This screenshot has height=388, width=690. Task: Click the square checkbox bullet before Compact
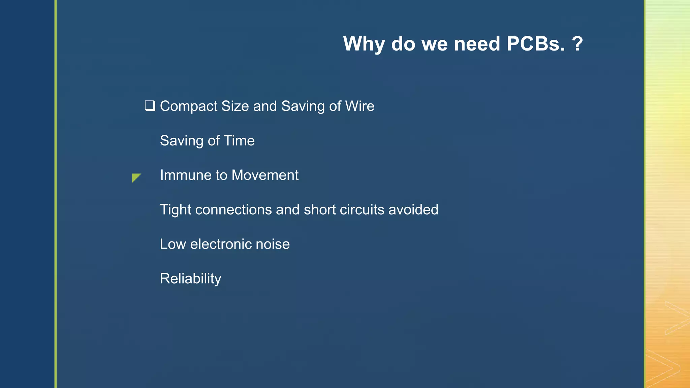pos(150,106)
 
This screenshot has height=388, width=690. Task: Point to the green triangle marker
pos(135,177)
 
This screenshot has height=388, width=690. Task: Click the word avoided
pos(413,210)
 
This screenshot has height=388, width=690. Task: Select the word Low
pos(172,244)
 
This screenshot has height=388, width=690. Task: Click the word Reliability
pos(190,279)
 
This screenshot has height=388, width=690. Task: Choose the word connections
pos(233,210)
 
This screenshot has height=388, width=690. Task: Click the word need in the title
pos(477,44)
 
